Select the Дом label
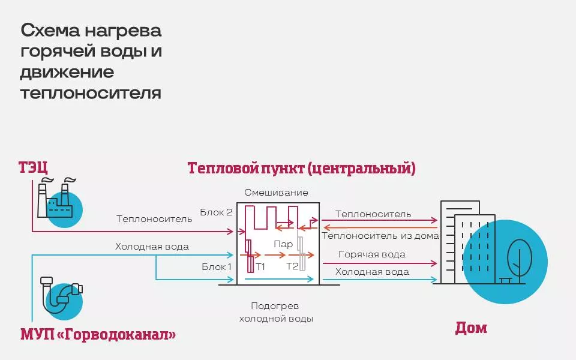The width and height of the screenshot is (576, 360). pos(471,328)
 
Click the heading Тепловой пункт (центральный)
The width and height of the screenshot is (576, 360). pos(301,167)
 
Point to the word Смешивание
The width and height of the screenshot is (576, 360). pos(276,193)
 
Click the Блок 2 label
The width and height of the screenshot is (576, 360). pos(216,212)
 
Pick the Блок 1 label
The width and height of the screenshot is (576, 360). pos(216,266)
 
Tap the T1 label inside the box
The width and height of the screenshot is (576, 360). pos(260,266)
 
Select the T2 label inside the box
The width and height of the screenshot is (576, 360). pos(292,266)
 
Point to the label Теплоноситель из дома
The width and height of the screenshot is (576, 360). pos(380,236)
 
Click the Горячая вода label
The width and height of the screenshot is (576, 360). pos(371,254)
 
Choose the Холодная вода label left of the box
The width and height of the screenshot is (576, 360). pos(152,246)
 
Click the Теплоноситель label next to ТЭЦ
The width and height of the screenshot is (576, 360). pos(154,219)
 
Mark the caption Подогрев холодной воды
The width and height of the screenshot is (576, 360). pos(275,312)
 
